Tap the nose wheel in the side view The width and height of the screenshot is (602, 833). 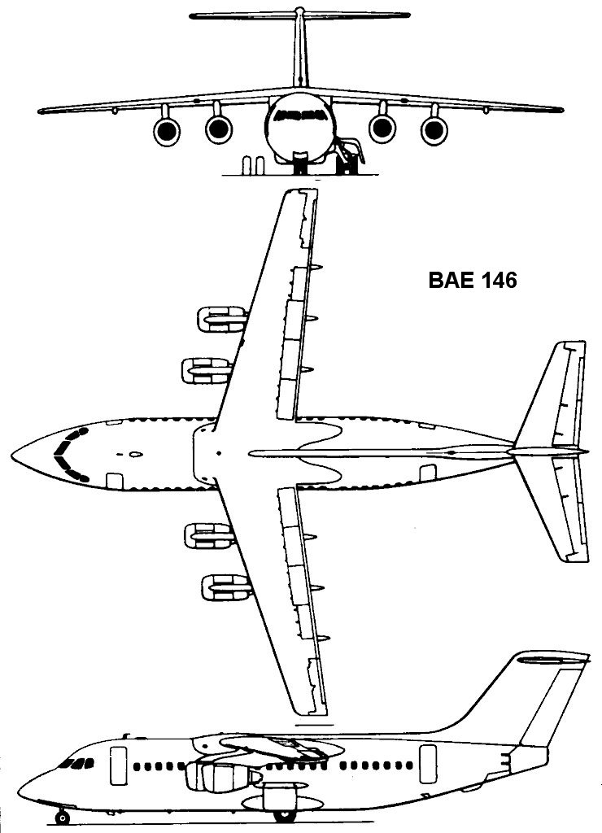coord(62,816)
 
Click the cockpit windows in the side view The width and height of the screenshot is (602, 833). coord(78,763)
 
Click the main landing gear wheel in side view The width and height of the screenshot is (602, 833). coord(282,813)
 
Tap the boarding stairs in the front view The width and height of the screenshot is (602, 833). coord(351,157)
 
